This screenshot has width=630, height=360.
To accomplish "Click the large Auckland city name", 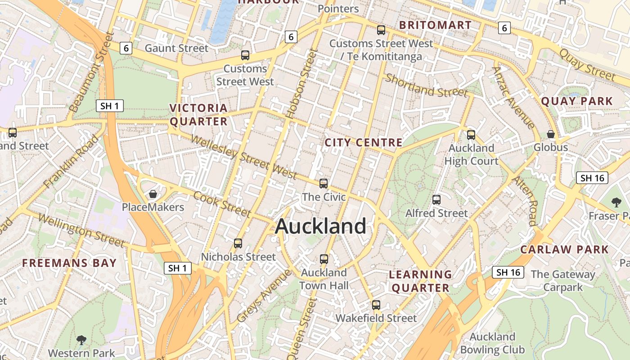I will click(x=320, y=226).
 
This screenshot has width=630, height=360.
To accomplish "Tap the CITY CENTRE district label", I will click(x=364, y=143).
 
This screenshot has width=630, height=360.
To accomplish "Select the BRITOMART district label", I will click(x=435, y=25).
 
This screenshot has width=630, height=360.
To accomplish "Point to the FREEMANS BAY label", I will click(x=70, y=263).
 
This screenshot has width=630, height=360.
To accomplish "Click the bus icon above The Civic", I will click(x=324, y=183).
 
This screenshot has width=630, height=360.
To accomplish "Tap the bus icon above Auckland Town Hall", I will click(x=324, y=259).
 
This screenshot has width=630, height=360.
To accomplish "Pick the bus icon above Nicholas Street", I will click(x=238, y=243).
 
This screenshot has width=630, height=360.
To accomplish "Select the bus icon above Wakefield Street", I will click(x=376, y=305).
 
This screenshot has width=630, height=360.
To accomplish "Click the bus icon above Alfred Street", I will click(x=436, y=199).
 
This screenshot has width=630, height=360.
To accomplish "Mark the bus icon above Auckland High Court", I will click(x=471, y=135).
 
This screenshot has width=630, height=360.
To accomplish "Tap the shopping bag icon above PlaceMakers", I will click(x=153, y=194).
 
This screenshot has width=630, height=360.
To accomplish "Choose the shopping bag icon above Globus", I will click(x=550, y=134).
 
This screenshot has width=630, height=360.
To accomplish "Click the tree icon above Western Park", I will click(x=81, y=339).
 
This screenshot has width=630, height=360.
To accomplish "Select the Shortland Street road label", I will click(x=427, y=86).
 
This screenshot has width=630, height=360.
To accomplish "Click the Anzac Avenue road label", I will click(x=513, y=97).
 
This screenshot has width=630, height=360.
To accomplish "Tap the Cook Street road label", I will click(x=222, y=204).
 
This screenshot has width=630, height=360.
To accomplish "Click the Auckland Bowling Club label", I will click(x=492, y=343).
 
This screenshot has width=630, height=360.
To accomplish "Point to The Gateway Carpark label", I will click(x=562, y=280).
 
